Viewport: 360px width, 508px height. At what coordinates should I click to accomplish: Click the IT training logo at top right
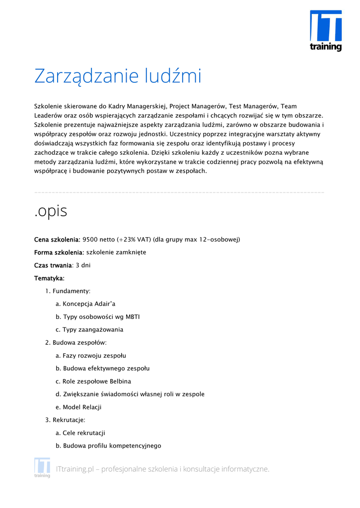click(x=326, y=31)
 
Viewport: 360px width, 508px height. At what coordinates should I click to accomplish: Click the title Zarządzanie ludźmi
click(x=118, y=76)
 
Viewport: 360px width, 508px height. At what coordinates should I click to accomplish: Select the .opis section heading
click(x=51, y=211)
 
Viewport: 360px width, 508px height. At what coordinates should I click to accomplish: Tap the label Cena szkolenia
click(x=57, y=240)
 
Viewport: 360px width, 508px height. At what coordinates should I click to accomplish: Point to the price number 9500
click(x=90, y=240)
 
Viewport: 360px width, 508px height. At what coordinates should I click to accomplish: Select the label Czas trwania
click(x=53, y=265)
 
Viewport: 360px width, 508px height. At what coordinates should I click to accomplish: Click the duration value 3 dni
click(x=83, y=265)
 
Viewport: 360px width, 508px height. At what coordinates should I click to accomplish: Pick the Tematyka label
click(x=49, y=278)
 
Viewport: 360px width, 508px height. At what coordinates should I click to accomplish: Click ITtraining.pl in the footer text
click(x=75, y=469)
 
